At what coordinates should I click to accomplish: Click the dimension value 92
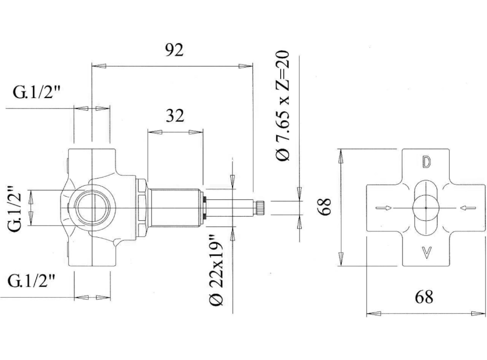[174, 50]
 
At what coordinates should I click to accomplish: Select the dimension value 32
[175, 115]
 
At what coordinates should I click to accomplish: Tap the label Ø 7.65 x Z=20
[283, 105]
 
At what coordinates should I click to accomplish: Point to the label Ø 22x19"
[217, 270]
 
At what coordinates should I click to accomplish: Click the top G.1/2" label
[36, 92]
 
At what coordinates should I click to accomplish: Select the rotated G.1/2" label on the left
[15, 208]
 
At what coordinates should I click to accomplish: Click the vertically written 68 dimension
[324, 207]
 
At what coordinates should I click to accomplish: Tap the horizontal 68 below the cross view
[424, 297]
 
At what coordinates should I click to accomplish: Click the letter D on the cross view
[426, 162]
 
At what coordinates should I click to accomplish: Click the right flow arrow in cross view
[468, 208]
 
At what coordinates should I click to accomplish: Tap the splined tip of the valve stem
[260, 208]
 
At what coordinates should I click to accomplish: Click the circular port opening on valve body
[92, 208]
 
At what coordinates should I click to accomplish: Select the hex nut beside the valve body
[142, 208]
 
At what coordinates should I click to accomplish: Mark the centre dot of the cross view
[426, 208]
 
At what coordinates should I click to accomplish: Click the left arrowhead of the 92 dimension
[99, 66]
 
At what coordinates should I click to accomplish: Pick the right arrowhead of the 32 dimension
[196, 132]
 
